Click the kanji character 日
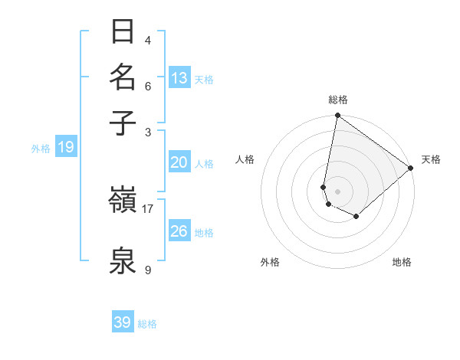tap(123, 31)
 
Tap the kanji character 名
tap(123, 77)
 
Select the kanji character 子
tap(123, 123)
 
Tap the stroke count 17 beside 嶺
tap(148, 208)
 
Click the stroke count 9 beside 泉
tap(148, 270)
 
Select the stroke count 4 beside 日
tap(148, 40)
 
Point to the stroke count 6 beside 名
tap(148, 86)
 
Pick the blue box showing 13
tap(179, 78)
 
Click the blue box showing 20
tap(179, 162)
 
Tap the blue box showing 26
tap(179, 231)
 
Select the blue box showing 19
tap(66, 147)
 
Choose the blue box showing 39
tap(123, 322)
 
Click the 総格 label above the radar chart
tap(338, 100)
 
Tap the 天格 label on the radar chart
tap(431, 159)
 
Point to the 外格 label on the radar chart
tap(270, 262)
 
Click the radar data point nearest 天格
tap(411, 169)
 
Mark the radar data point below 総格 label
tap(337, 116)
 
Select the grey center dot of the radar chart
tap(337, 191)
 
